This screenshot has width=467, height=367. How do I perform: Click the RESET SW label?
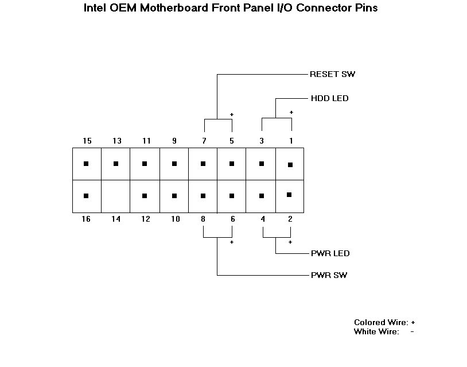click(332, 74)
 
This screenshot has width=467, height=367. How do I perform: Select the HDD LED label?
click(329, 98)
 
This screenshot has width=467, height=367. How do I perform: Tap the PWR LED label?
click(330, 253)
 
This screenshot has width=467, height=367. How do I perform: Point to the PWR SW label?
click(329, 275)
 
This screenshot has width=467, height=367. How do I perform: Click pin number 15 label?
click(87, 141)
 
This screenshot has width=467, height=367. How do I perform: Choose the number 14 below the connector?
click(116, 219)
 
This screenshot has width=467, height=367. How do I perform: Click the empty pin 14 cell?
click(115, 196)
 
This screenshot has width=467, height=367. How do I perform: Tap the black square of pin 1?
click(290, 165)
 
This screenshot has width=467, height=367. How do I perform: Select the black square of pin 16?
click(86, 196)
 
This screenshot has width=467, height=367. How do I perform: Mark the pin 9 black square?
click(174, 164)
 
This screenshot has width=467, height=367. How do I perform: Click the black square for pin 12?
click(145, 196)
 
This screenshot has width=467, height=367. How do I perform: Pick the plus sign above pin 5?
click(232, 114)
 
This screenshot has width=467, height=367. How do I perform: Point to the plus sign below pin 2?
click(290, 242)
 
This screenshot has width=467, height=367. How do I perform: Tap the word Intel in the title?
click(95, 7)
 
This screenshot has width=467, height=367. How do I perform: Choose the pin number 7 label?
click(204, 141)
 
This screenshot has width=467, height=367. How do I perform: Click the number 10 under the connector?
click(176, 219)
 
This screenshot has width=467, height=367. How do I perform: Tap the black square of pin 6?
click(232, 196)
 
